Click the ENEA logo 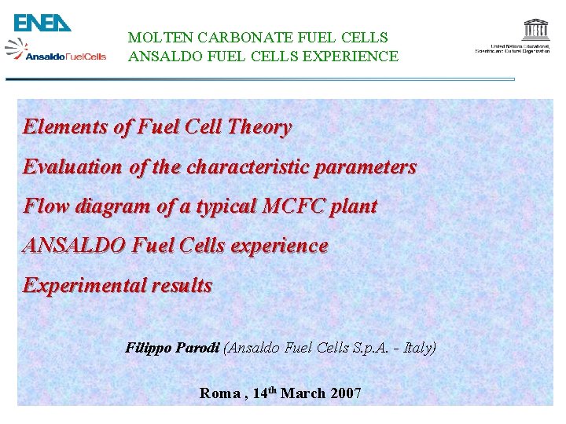coord(42,23)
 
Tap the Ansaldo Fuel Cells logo coord(56,52)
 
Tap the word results coord(186,285)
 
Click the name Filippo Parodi coord(173,347)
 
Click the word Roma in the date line coord(220,393)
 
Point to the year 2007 coord(346,393)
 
